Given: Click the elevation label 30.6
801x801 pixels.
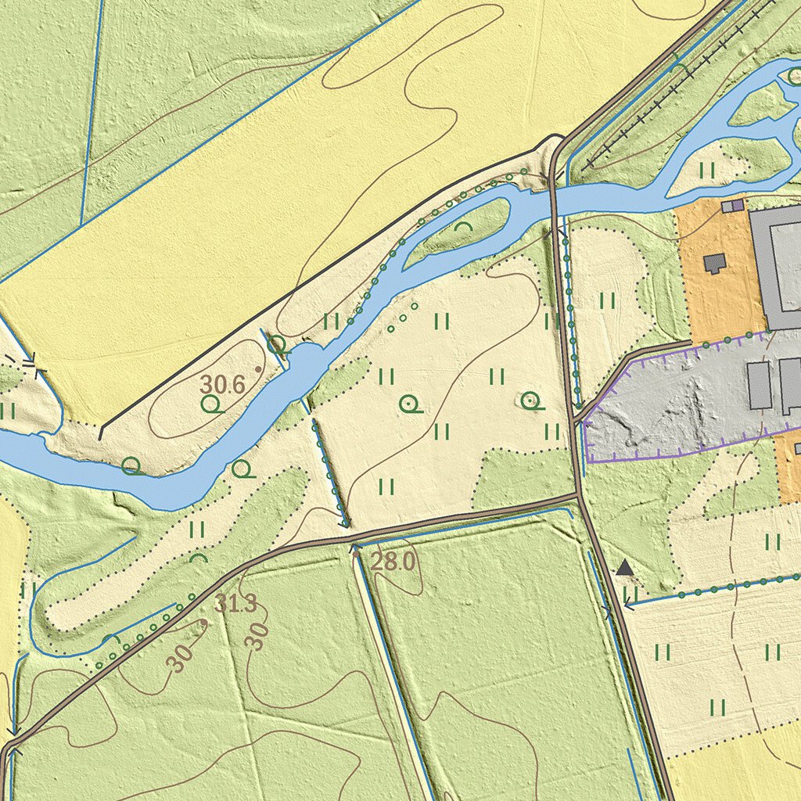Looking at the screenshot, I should point(222,384).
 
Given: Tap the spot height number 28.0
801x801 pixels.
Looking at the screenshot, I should point(392,561).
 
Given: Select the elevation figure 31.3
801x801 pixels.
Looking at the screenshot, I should point(235,603).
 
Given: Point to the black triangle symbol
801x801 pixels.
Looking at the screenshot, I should point(624,568).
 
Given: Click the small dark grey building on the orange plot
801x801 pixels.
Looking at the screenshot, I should point(714,262).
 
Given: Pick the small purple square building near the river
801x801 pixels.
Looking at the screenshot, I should point(733,206).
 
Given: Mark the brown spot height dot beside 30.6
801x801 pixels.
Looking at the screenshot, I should point(257,368).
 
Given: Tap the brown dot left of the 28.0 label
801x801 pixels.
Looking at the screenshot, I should point(357,552).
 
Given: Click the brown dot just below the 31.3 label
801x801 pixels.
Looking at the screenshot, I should point(205,623).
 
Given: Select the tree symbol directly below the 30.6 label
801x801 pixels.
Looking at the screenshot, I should point(210,404).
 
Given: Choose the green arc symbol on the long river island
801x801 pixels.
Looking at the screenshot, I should point(464,227).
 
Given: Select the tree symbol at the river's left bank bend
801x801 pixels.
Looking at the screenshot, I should point(131,467).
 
